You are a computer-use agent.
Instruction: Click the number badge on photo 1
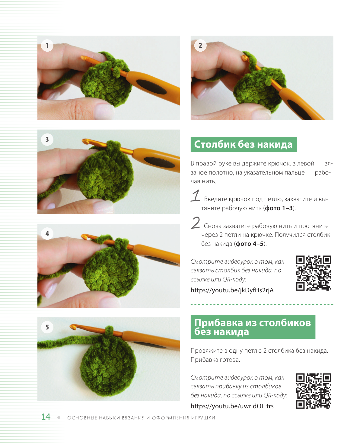pyautogui.click(x=47, y=45)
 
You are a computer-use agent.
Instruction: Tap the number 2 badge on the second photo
pyautogui.click(x=200, y=45)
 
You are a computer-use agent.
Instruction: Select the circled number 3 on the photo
pyautogui.click(x=47, y=139)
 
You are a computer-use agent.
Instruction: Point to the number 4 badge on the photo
pyautogui.click(x=47, y=233)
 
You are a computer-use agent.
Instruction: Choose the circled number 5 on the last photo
pyautogui.click(x=47, y=327)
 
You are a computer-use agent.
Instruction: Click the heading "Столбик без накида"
pyautogui.click(x=243, y=144)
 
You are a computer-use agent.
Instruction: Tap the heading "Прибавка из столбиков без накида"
pyautogui.click(x=253, y=327)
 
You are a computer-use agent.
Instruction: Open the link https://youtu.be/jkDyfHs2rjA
pyautogui.click(x=232, y=290)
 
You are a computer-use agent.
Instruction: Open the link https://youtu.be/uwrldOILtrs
pyautogui.click(x=232, y=406)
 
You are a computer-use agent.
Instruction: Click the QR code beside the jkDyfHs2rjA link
pyautogui.click(x=313, y=273)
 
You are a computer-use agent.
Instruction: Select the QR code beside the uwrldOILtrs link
pyautogui.click(x=313, y=391)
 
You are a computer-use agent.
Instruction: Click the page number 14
pyautogui.click(x=46, y=417)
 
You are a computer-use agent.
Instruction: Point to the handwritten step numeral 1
pyautogui.click(x=195, y=196)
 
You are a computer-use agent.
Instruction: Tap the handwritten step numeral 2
pyautogui.click(x=195, y=223)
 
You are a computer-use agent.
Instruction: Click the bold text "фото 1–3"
pyautogui.click(x=279, y=208)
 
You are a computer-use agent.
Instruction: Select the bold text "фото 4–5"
pyautogui.click(x=250, y=244)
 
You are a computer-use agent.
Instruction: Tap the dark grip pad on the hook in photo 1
pyautogui.click(x=151, y=86)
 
